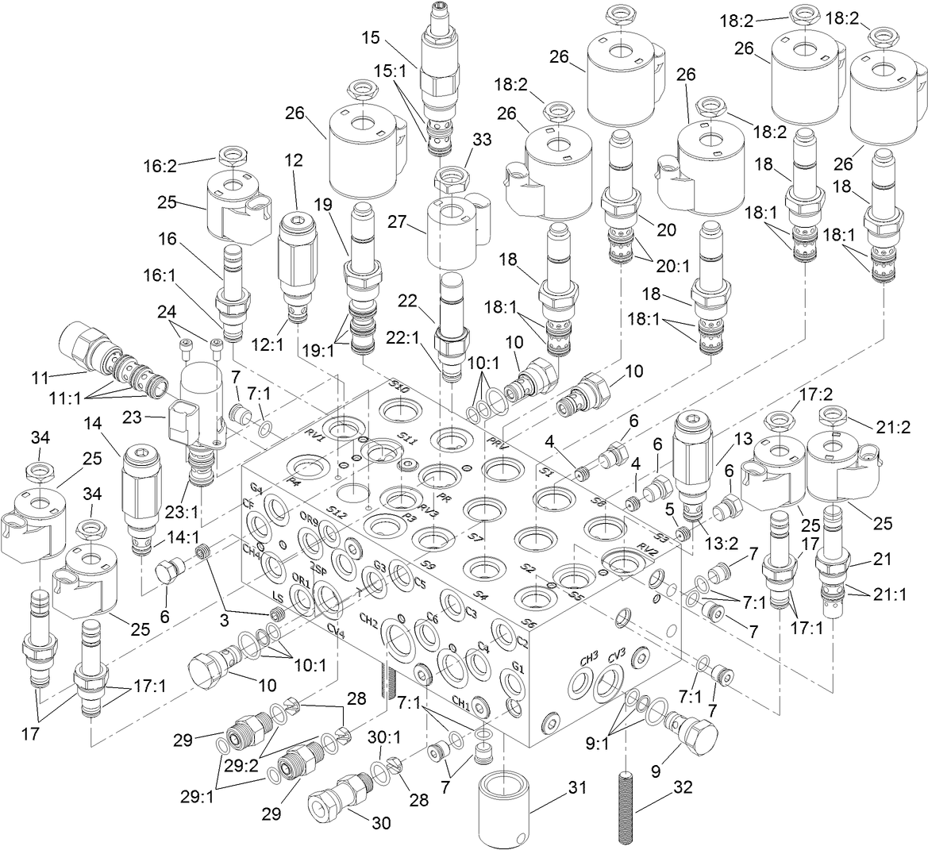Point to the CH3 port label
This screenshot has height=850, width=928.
[x=588, y=660]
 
